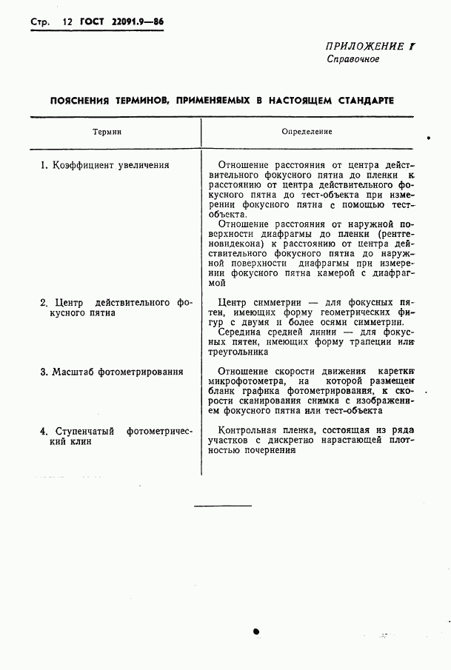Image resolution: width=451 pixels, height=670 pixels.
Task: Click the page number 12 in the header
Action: click(x=67, y=22)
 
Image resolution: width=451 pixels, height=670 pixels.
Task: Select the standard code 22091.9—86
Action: click(x=138, y=22)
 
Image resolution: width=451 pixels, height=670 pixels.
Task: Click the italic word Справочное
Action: click(x=353, y=59)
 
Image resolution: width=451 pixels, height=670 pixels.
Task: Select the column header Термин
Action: click(x=107, y=131)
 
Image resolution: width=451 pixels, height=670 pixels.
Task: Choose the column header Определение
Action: click(x=307, y=131)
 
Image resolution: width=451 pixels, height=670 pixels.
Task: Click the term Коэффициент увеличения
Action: click(x=104, y=166)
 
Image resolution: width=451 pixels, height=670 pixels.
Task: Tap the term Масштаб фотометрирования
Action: click(x=112, y=371)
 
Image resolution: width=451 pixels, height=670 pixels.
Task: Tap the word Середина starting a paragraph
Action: click(x=244, y=332)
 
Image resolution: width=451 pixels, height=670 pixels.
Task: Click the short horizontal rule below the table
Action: click(x=222, y=506)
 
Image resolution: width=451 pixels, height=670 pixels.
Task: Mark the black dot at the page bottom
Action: click(x=255, y=632)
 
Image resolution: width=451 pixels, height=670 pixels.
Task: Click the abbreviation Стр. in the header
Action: click(x=39, y=22)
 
